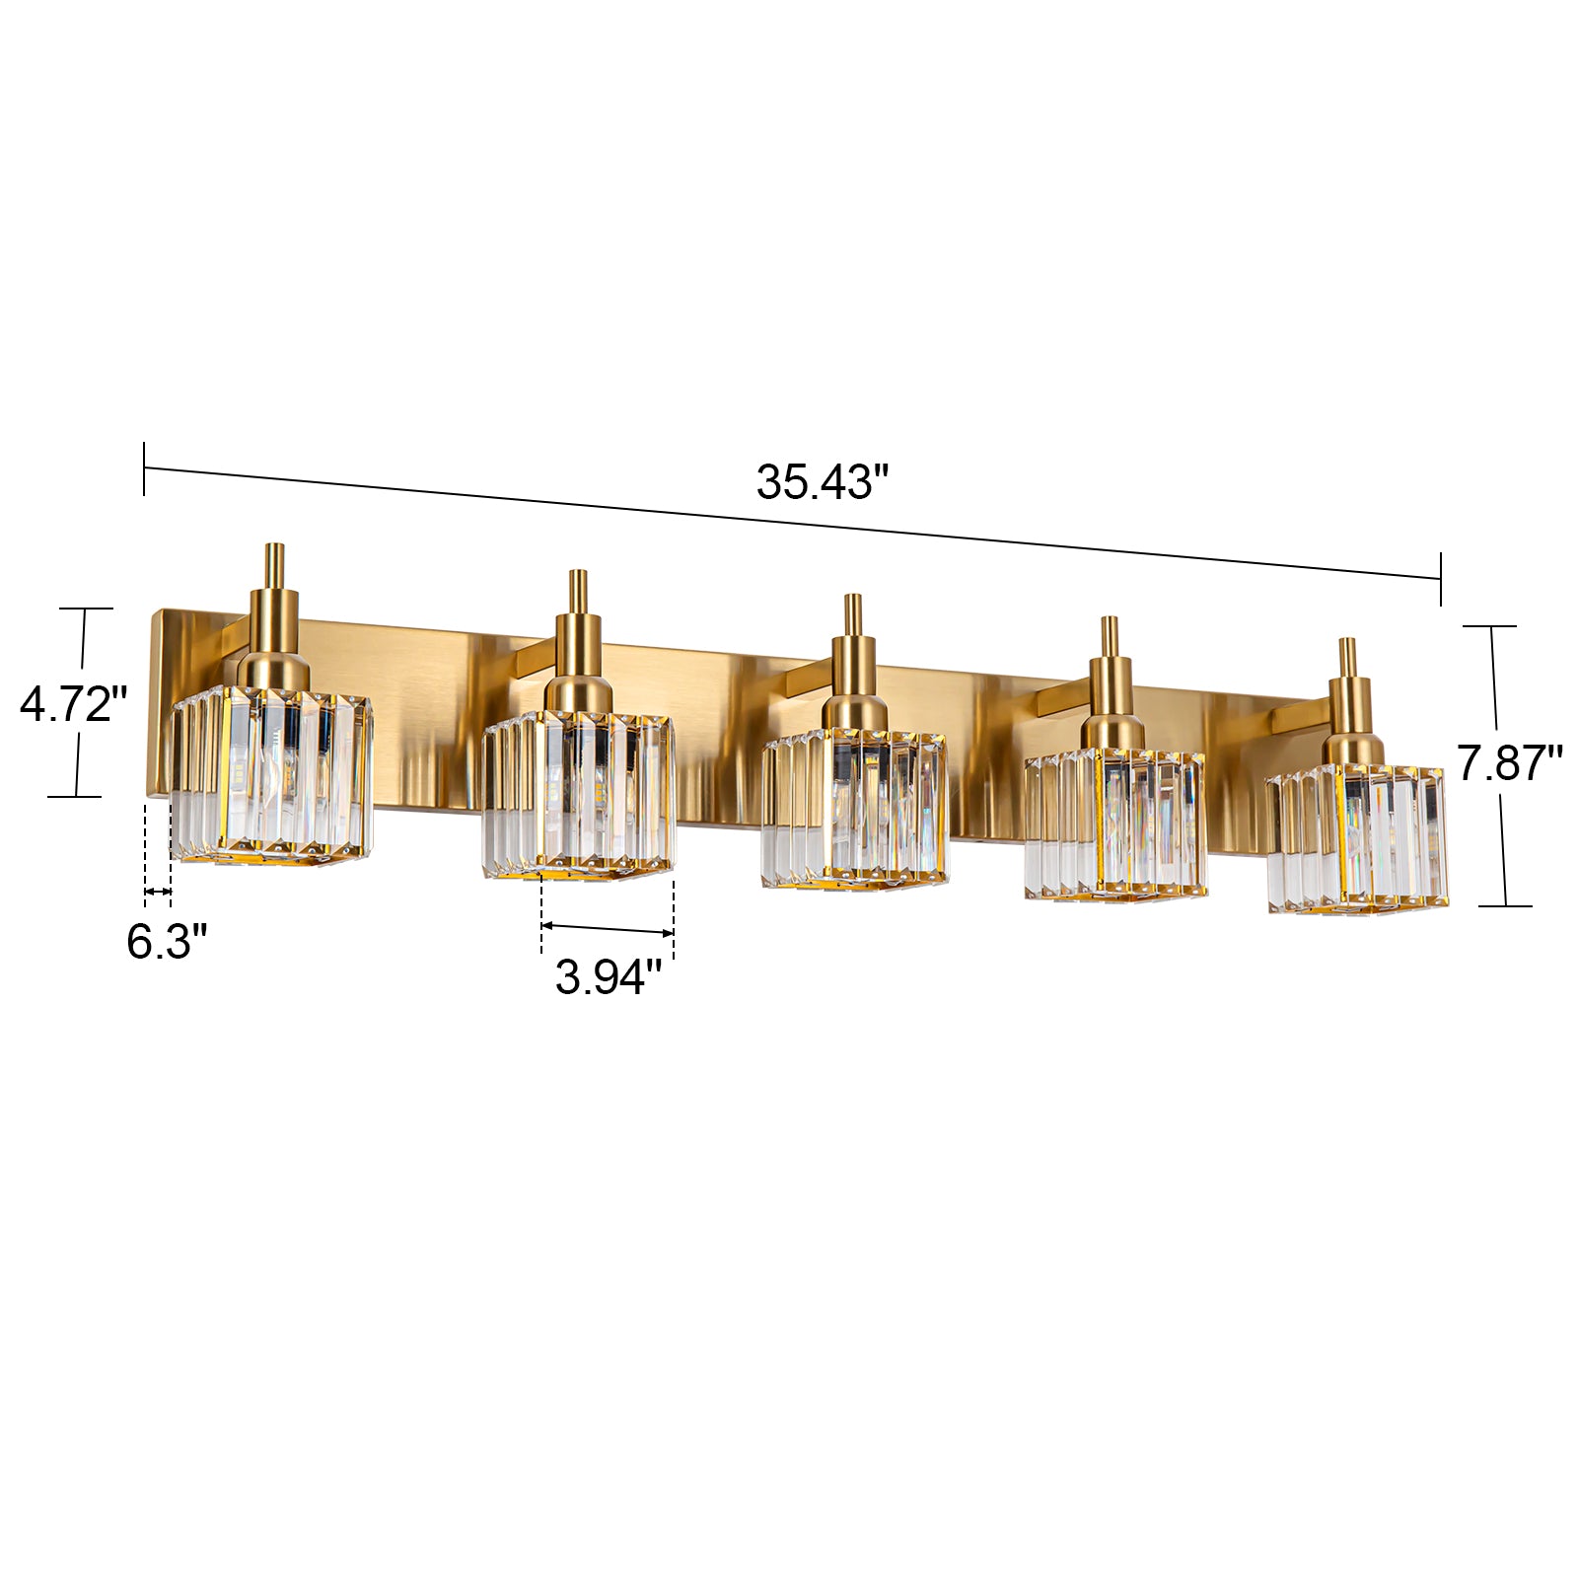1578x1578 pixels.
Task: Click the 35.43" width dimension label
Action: pyautogui.click(x=823, y=482)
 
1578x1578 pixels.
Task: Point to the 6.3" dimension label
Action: pyautogui.click(x=167, y=941)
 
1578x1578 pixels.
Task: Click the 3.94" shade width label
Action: pyautogui.click(x=608, y=977)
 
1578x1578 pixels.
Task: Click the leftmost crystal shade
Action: pyautogui.click(x=272, y=774)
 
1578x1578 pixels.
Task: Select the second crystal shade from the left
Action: pyautogui.click(x=579, y=793)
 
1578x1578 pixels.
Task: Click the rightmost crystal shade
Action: pyautogui.click(x=1357, y=837)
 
